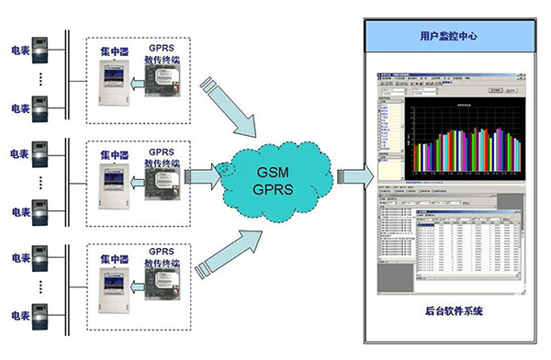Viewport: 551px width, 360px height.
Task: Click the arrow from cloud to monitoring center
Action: click(x=354, y=174)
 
